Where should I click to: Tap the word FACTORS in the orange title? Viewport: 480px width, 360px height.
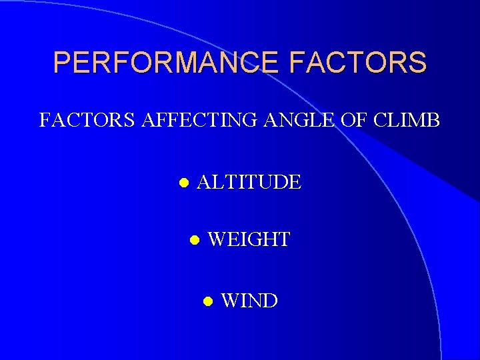tap(357, 63)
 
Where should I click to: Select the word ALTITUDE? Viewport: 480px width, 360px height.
tap(249, 181)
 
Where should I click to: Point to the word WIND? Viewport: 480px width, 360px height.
tap(249, 301)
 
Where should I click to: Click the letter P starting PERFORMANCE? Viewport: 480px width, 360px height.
tap(62, 63)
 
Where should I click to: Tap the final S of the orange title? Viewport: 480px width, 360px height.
tap(417, 63)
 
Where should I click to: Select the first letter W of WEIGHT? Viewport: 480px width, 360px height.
tap(218, 239)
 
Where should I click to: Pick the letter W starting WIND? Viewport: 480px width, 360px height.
tap(230, 301)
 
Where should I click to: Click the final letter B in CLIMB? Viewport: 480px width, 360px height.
tap(433, 121)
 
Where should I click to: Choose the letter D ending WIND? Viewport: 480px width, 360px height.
tap(270, 301)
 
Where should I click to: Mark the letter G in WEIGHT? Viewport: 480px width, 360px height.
tap(257, 239)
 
